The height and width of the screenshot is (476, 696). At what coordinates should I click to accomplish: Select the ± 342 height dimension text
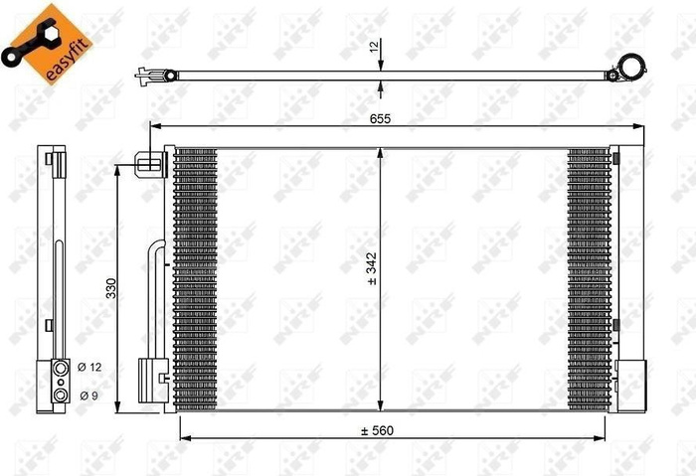coord(372,268)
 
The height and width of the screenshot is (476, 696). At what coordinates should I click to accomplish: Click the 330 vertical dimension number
coord(111,288)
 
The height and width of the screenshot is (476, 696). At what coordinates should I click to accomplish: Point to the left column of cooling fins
coord(195,278)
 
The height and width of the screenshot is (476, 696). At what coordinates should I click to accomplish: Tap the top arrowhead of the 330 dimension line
coord(119,168)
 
